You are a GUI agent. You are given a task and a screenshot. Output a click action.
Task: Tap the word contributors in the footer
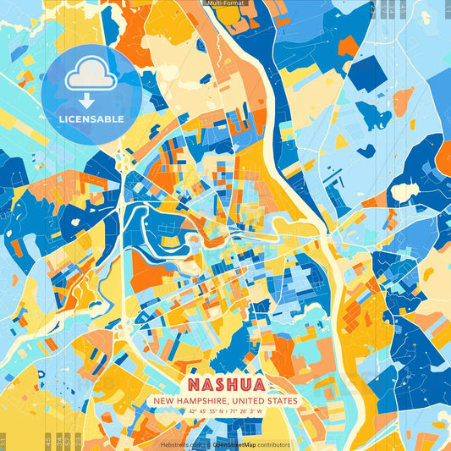[x=272, y=444]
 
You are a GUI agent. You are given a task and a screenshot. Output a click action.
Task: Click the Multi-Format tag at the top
[x=225, y=3]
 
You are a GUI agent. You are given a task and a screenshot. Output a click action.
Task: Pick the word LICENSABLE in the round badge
[x=91, y=118]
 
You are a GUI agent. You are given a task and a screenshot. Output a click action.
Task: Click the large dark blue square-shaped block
[x=366, y=74]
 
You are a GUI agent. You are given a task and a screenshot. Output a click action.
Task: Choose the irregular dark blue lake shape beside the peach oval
[x=373, y=114]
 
